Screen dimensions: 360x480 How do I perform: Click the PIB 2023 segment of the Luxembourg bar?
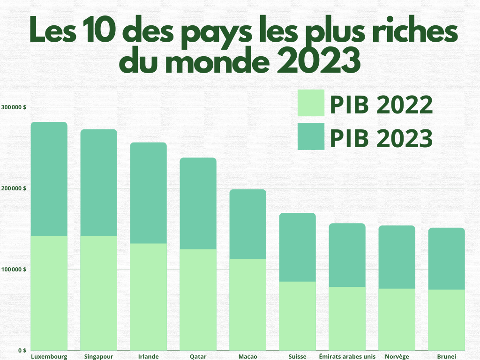click(x=49, y=179)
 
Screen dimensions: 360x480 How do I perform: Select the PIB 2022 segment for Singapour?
click(x=99, y=293)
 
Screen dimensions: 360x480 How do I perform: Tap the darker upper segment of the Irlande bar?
click(x=149, y=193)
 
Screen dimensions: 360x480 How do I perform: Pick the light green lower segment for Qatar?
click(x=198, y=300)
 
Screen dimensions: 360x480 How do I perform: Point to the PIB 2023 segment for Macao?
click(x=248, y=224)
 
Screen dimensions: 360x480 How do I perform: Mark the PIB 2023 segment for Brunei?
click(x=447, y=258)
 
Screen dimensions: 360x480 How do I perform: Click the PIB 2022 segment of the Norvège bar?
click(x=397, y=319)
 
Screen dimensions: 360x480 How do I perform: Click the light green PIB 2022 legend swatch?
click(x=311, y=103)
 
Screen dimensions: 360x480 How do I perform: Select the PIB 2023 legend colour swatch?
click(x=311, y=136)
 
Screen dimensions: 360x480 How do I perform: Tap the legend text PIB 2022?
click(x=381, y=105)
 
